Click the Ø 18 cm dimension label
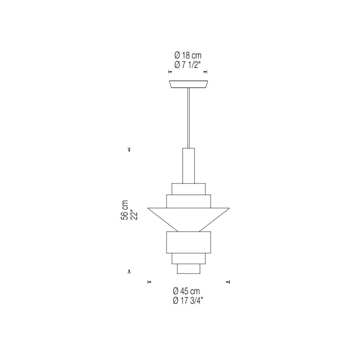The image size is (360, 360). pyautogui.click(x=188, y=55)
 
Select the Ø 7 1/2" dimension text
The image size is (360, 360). pyautogui.click(x=188, y=65)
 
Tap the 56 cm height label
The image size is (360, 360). pyautogui.click(x=124, y=210)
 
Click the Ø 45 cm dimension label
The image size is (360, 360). pyautogui.click(x=186, y=291)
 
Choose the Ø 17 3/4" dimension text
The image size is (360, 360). pyautogui.click(x=187, y=301)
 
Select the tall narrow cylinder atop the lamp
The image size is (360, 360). pyautogui.click(x=189, y=166)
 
